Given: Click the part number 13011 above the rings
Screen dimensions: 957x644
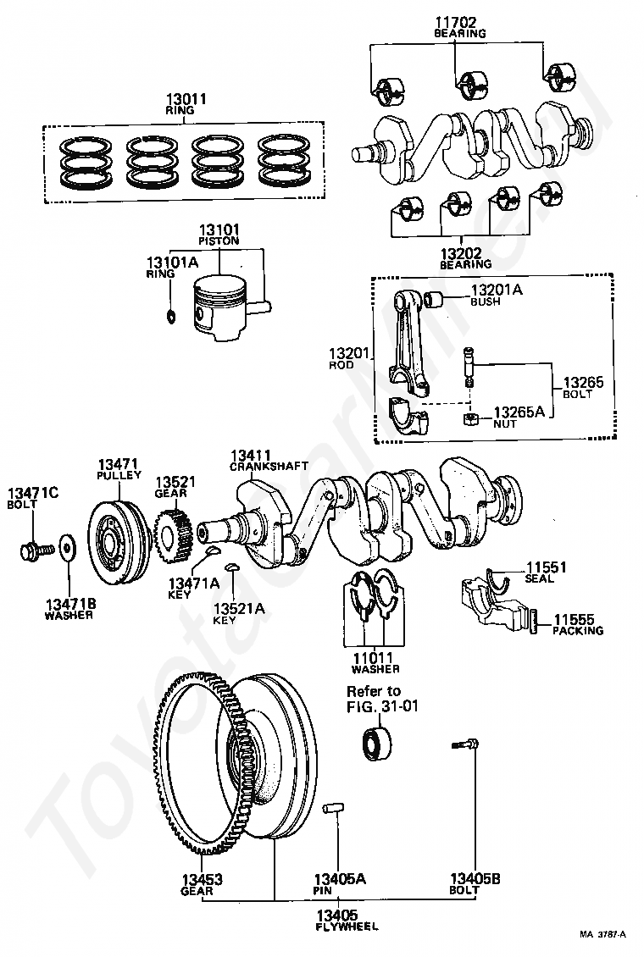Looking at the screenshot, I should [x=186, y=99].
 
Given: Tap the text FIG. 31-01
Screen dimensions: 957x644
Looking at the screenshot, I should [x=382, y=706].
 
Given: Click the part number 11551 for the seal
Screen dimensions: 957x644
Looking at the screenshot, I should [x=546, y=567].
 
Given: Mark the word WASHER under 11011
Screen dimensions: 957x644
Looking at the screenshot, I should [x=375, y=668].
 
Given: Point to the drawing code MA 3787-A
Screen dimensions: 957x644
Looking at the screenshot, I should [x=602, y=934].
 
